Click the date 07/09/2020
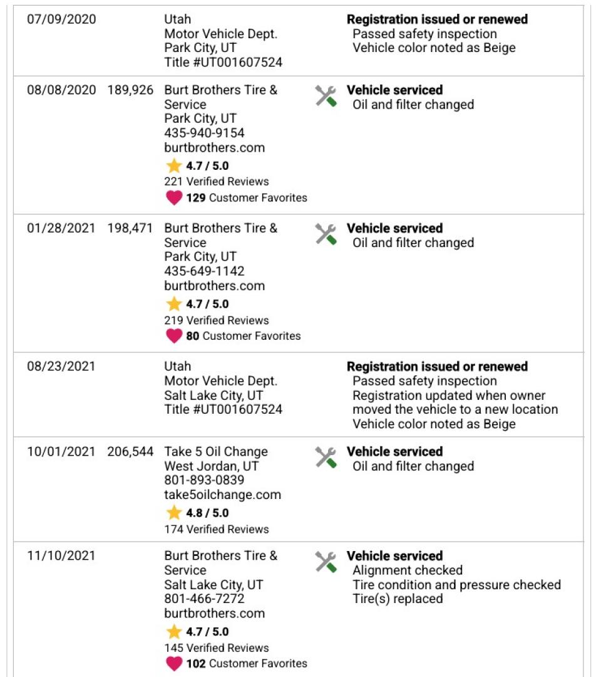(61, 19)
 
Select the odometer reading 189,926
(130, 90)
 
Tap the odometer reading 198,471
(130, 228)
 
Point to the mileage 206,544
(130, 452)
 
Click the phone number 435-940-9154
(204, 134)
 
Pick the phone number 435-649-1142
(204, 271)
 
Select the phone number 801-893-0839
(204, 480)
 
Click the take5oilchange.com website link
(222, 495)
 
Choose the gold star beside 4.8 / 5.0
(174, 513)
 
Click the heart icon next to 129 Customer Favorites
(174, 198)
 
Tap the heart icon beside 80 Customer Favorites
(174, 336)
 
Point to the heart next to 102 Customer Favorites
(174, 664)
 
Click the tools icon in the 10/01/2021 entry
(326, 458)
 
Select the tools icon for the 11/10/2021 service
(326, 562)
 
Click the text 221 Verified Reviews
(217, 182)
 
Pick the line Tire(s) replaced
(398, 599)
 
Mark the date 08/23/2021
(61, 367)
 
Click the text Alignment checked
(408, 570)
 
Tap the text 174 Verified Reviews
(217, 529)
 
